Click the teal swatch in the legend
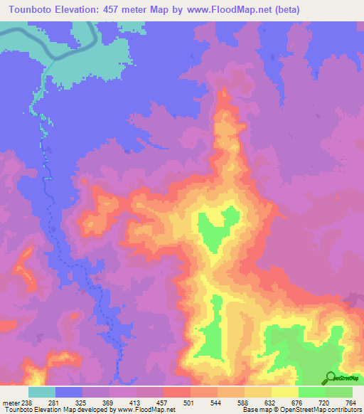pyautogui.click(x=42, y=392)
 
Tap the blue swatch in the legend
pyautogui.click(x=69, y=392)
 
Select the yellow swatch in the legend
pyautogui.click(x=285, y=392)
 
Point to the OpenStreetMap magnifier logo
pyautogui.click(x=330, y=377)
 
